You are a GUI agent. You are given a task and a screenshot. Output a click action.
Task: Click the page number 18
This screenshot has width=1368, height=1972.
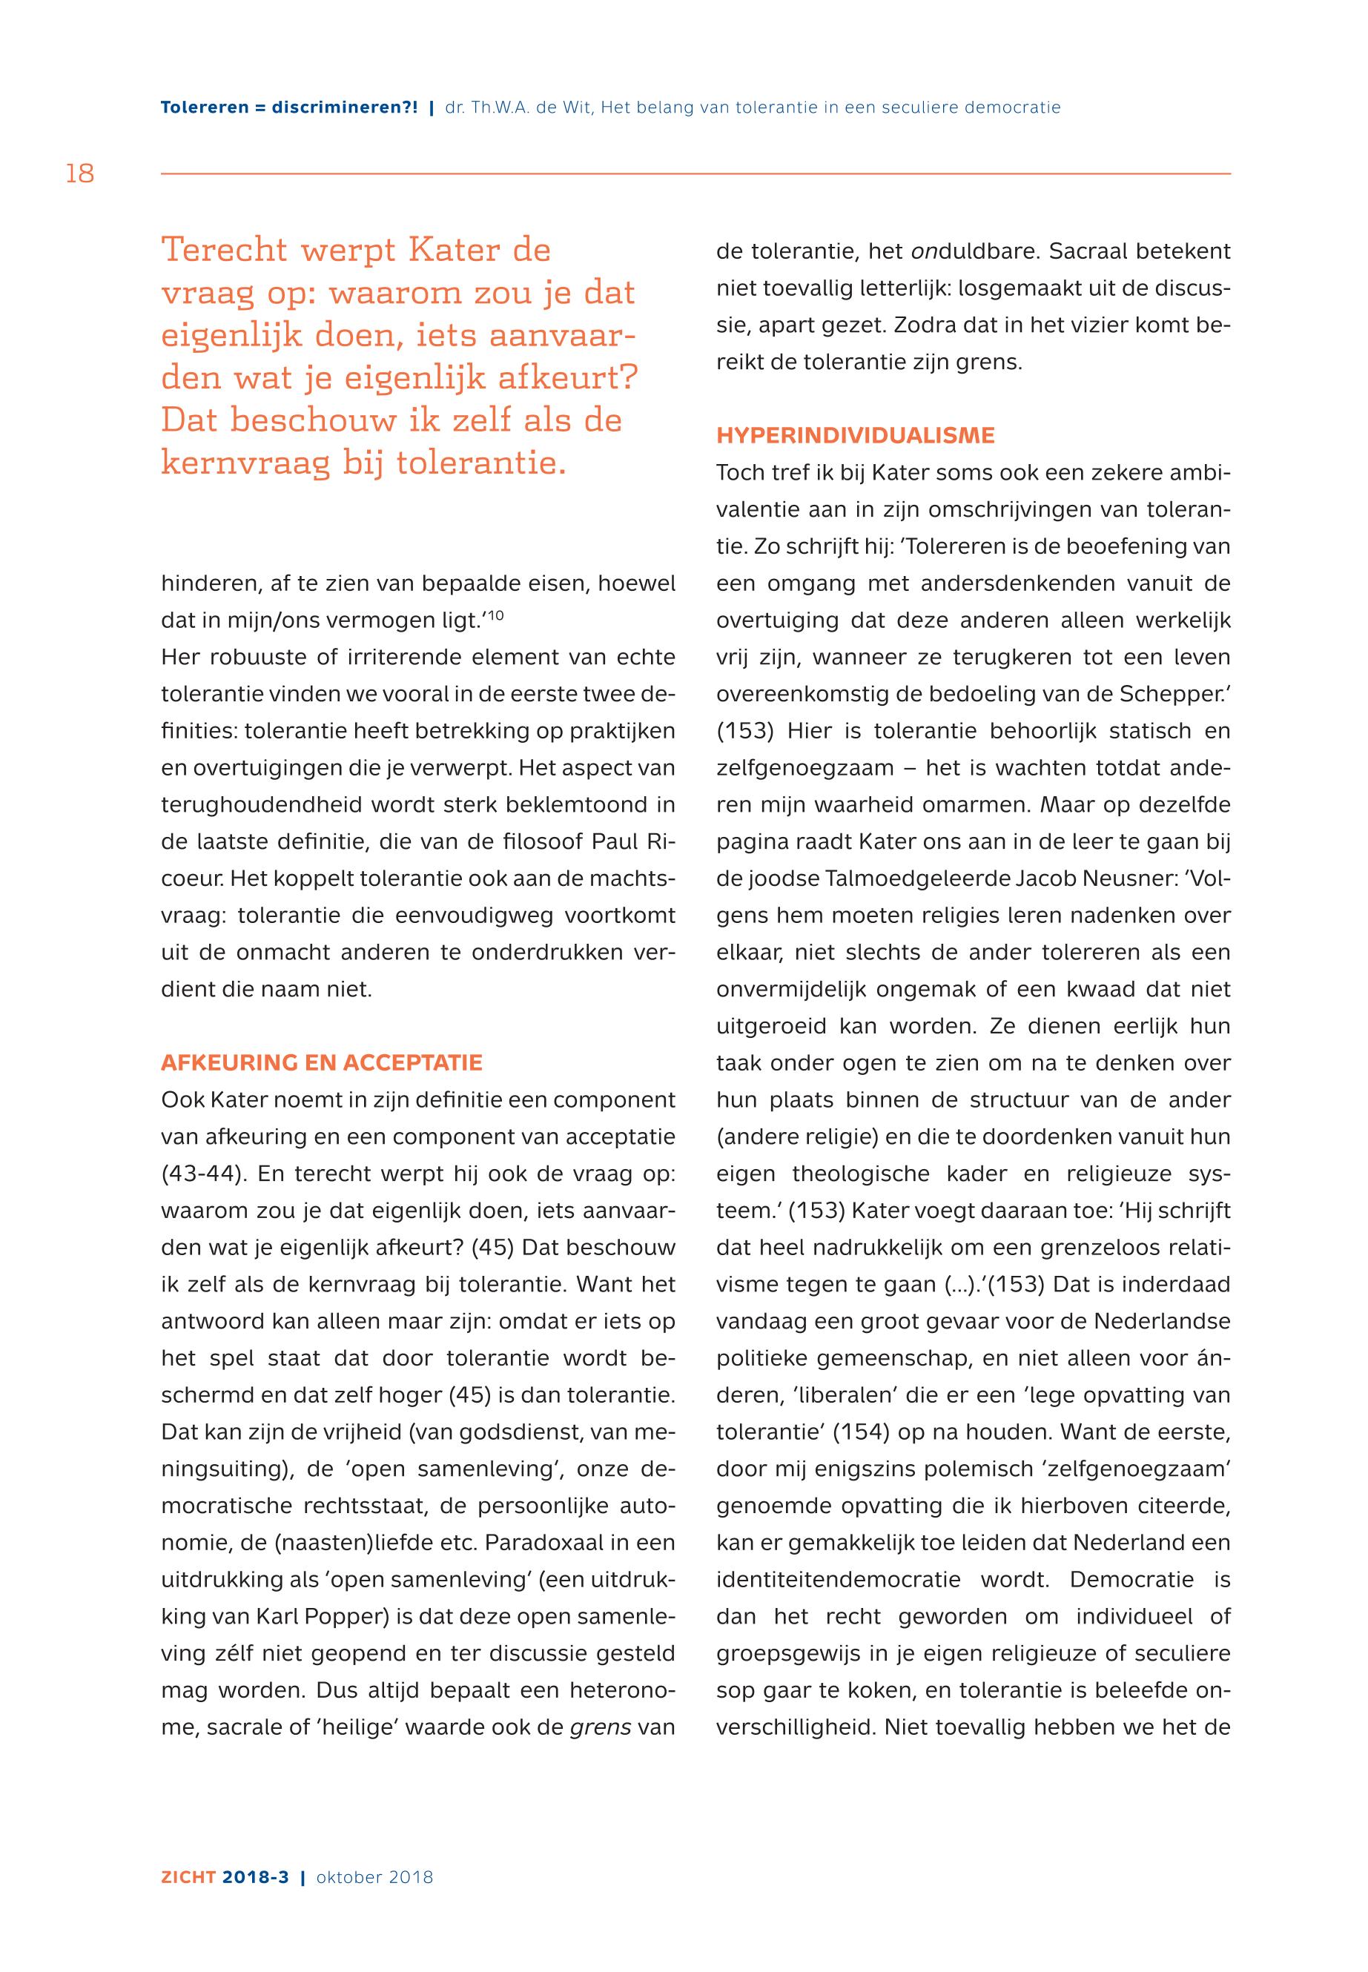point(80,174)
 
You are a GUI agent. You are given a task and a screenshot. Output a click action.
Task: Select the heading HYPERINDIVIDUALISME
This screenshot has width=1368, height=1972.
point(856,435)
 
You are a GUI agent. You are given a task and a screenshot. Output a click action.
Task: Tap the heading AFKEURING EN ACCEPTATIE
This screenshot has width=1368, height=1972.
point(322,1062)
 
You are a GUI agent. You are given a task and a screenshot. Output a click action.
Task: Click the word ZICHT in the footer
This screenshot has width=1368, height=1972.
point(188,1877)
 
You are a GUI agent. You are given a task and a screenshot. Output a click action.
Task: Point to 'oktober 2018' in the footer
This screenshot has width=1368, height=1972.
point(374,1877)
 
